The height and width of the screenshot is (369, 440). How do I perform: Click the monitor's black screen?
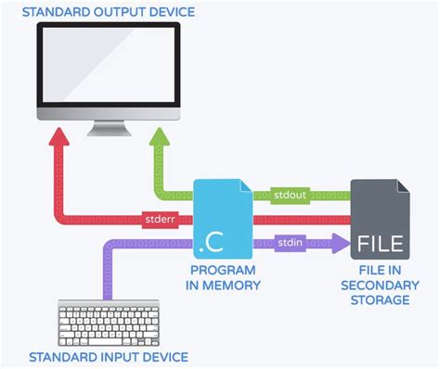tap(108, 66)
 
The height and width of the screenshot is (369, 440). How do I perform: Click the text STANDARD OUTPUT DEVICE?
tap(110, 10)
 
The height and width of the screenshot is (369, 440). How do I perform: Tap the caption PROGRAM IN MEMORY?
tap(223, 278)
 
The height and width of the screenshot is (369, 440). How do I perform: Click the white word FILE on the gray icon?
tap(381, 246)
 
